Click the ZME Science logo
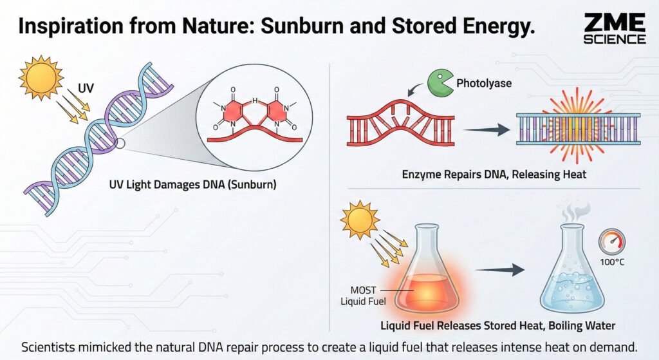[x=615, y=29]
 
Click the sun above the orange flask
[x=359, y=221]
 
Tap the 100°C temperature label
[x=612, y=262]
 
